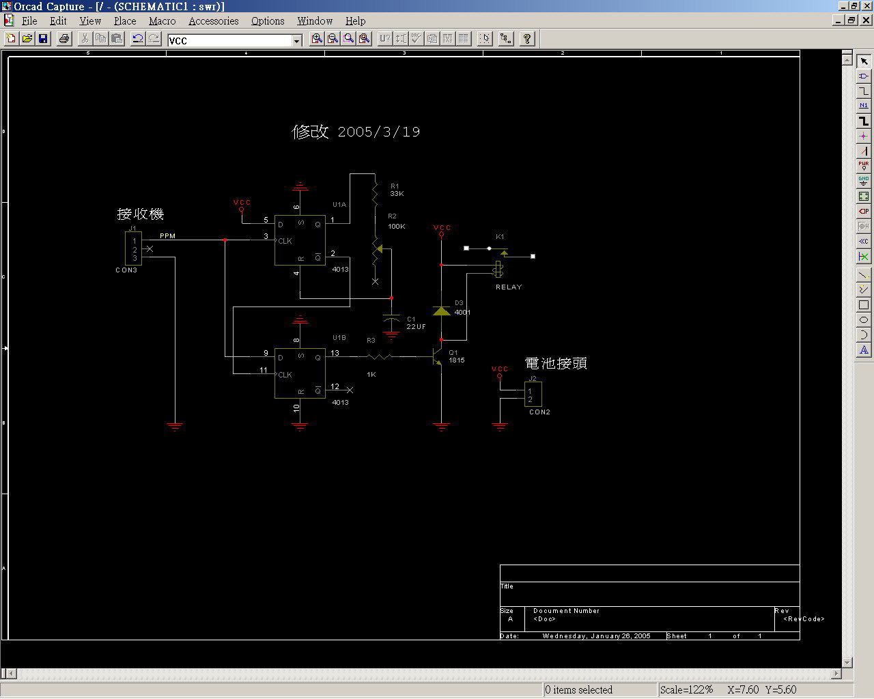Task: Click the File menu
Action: click(x=29, y=21)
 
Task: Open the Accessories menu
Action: click(x=213, y=21)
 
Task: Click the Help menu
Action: click(x=355, y=21)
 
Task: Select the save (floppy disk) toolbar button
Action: click(x=43, y=39)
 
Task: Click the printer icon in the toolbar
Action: click(x=64, y=39)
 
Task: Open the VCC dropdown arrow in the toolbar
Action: click(x=297, y=41)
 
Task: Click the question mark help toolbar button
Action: click(x=526, y=39)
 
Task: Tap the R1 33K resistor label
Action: click(x=397, y=190)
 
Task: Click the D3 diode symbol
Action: click(x=442, y=311)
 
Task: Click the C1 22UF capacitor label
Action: click(x=415, y=323)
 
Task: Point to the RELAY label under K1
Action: click(x=508, y=287)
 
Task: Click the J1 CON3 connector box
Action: click(x=134, y=248)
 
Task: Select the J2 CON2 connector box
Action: click(x=533, y=395)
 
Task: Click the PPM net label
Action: click(x=167, y=236)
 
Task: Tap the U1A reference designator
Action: click(x=339, y=205)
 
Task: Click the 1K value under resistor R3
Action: click(x=371, y=375)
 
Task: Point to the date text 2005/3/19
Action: click(x=379, y=132)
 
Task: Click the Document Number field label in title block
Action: click(x=566, y=611)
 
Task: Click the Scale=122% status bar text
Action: click(x=686, y=689)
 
